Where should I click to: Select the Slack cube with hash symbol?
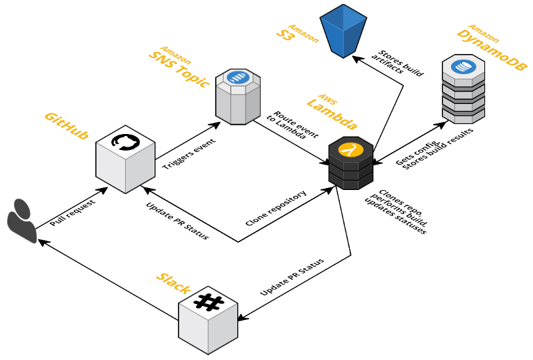[208, 321]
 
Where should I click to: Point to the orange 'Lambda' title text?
[332, 114]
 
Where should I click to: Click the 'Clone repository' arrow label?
[276, 208]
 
